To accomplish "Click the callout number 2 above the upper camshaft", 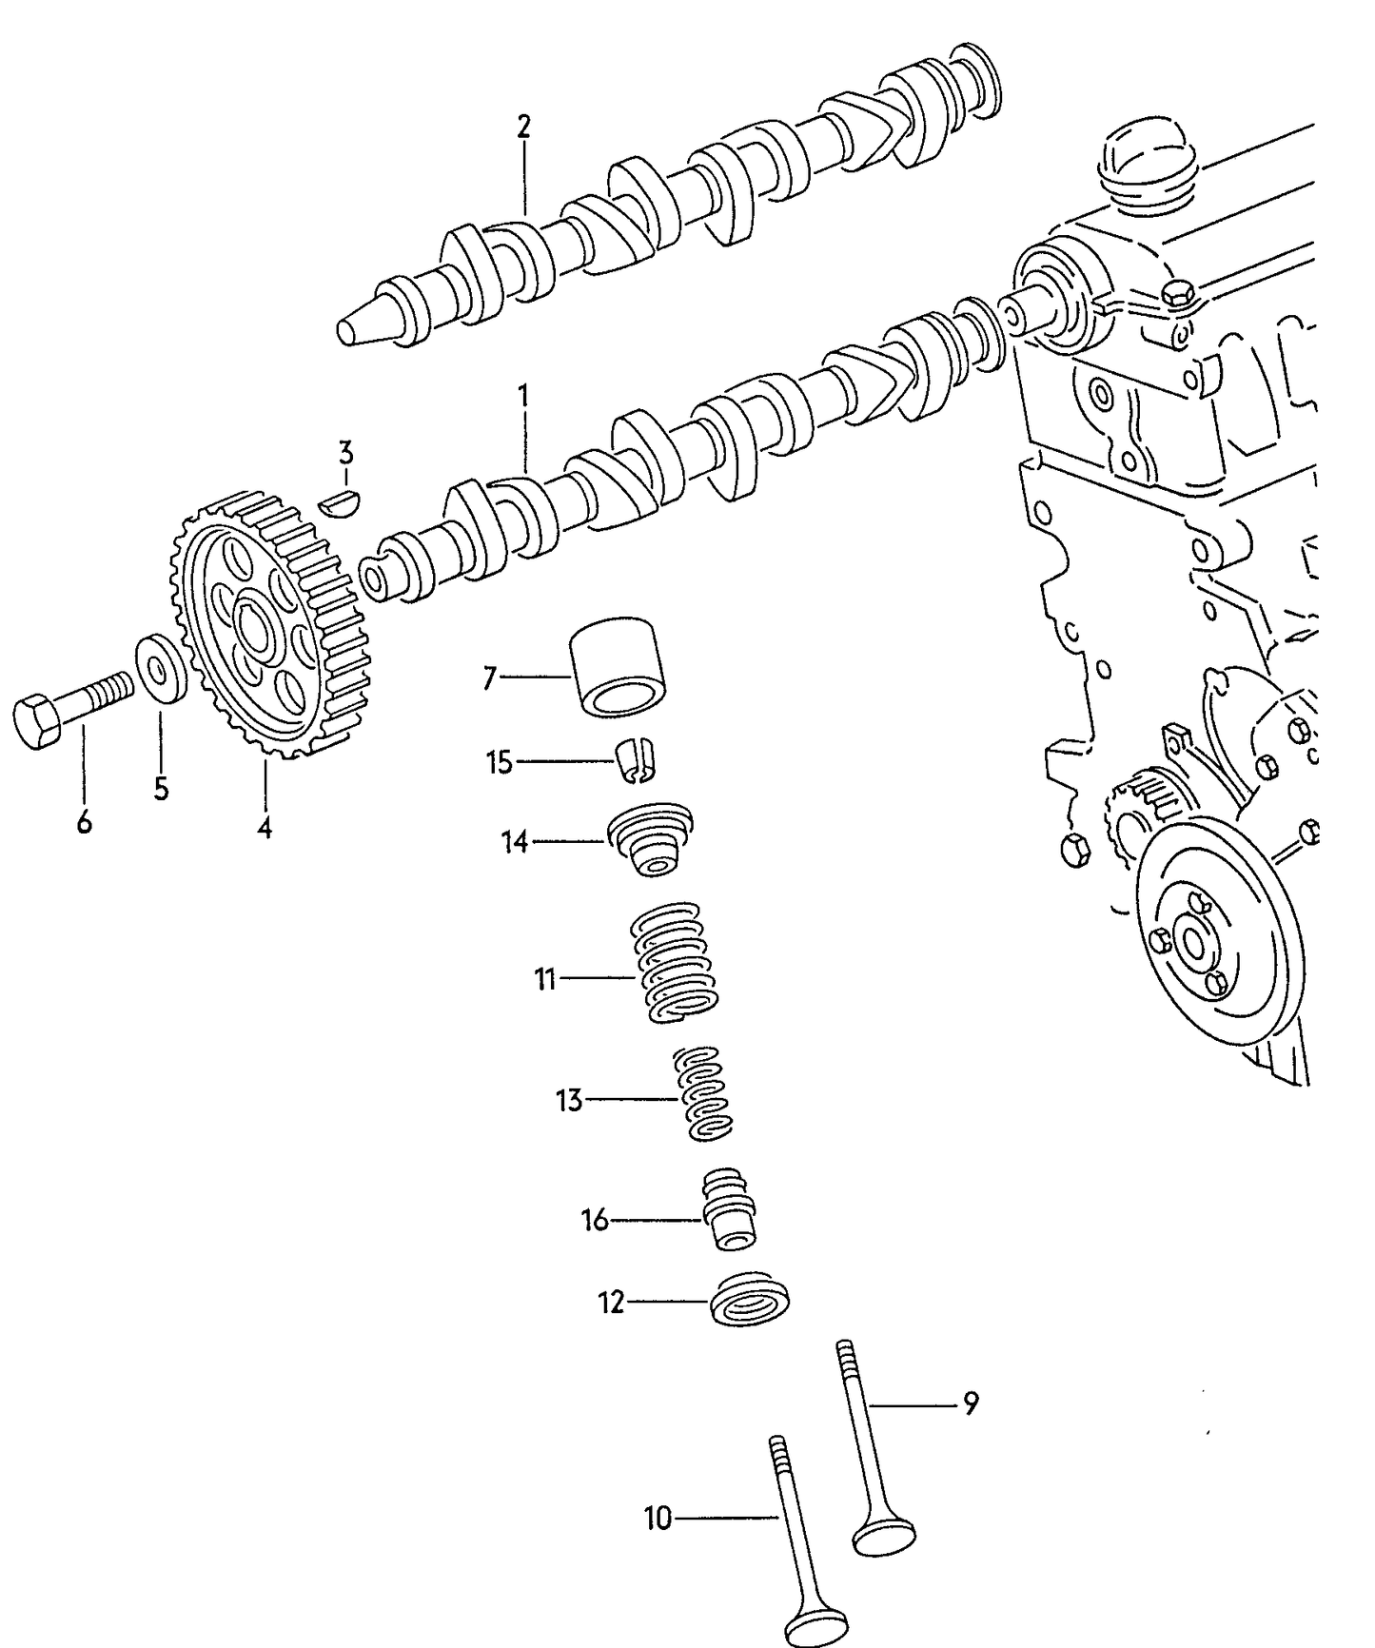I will pos(523,127).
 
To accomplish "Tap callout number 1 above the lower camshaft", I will pos(522,394).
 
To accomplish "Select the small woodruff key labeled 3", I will pos(340,501).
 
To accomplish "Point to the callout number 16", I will pos(595,1220).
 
